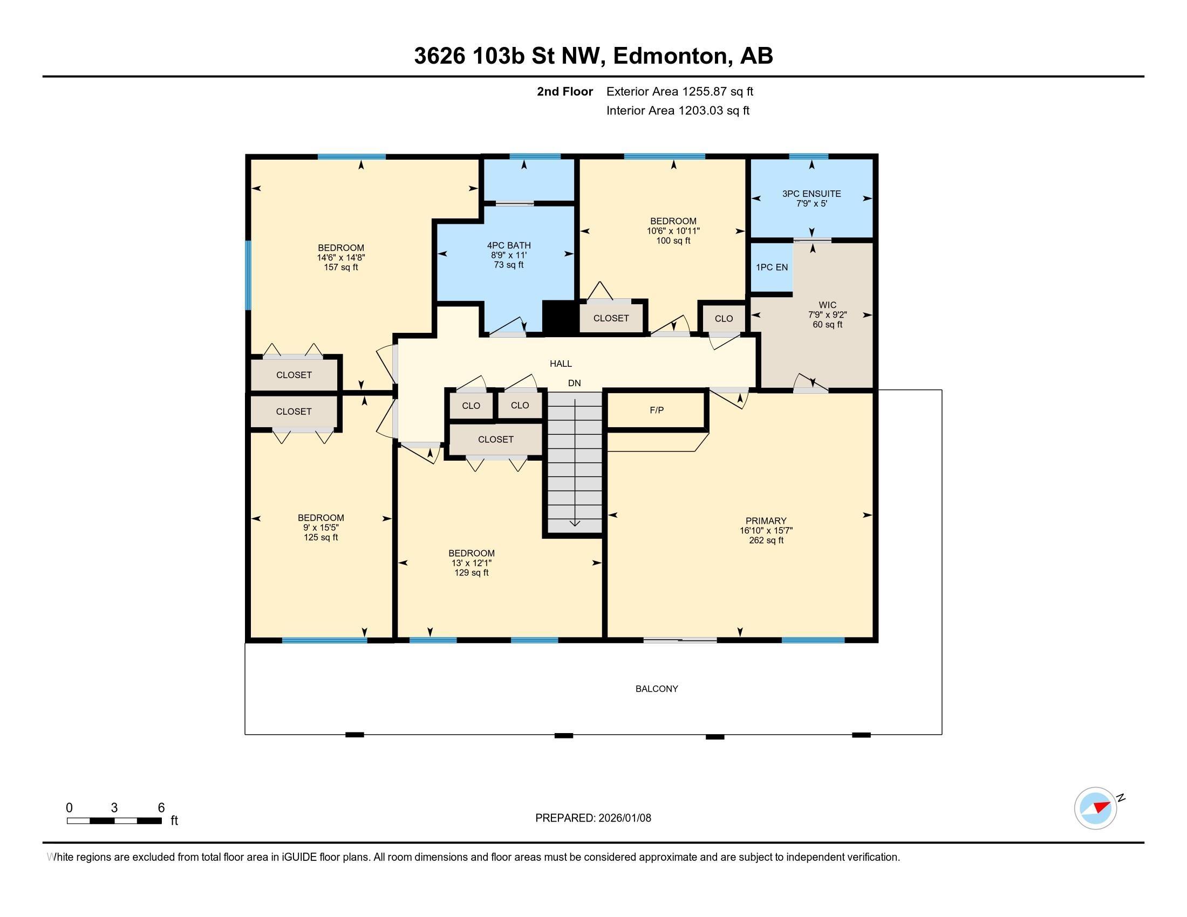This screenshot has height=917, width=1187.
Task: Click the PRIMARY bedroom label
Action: (x=766, y=521)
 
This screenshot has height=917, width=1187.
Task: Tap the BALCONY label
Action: (x=657, y=689)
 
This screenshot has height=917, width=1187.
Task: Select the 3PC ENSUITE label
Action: (x=811, y=194)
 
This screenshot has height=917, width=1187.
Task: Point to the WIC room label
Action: (x=827, y=305)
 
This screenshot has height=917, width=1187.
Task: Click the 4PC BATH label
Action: (x=509, y=245)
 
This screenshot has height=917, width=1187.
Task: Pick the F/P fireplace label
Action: (x=657, y=410)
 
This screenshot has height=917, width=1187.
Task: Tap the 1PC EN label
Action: (x=772, y=267)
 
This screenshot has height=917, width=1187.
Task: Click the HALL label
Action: (x=561, y=364)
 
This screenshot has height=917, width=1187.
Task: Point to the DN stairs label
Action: (x=575, y=384)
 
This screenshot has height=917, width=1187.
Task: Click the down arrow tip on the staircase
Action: (x=575, y=526)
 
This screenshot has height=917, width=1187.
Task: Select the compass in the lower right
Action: (x=1096, y=809)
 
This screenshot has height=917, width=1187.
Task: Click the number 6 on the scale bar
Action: (x=161, y=808)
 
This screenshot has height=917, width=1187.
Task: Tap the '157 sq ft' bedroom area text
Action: (x=341, y=267)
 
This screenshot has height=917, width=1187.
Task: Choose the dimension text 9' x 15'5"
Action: (x=320, y=528)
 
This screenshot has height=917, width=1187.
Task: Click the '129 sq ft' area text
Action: (x=471, y=572)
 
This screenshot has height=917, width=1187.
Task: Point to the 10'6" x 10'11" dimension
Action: (x=673, y=231)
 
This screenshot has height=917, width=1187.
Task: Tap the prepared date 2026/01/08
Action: (x=624, y=818)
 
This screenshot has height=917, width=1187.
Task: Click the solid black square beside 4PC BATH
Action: (x=560, y=317)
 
